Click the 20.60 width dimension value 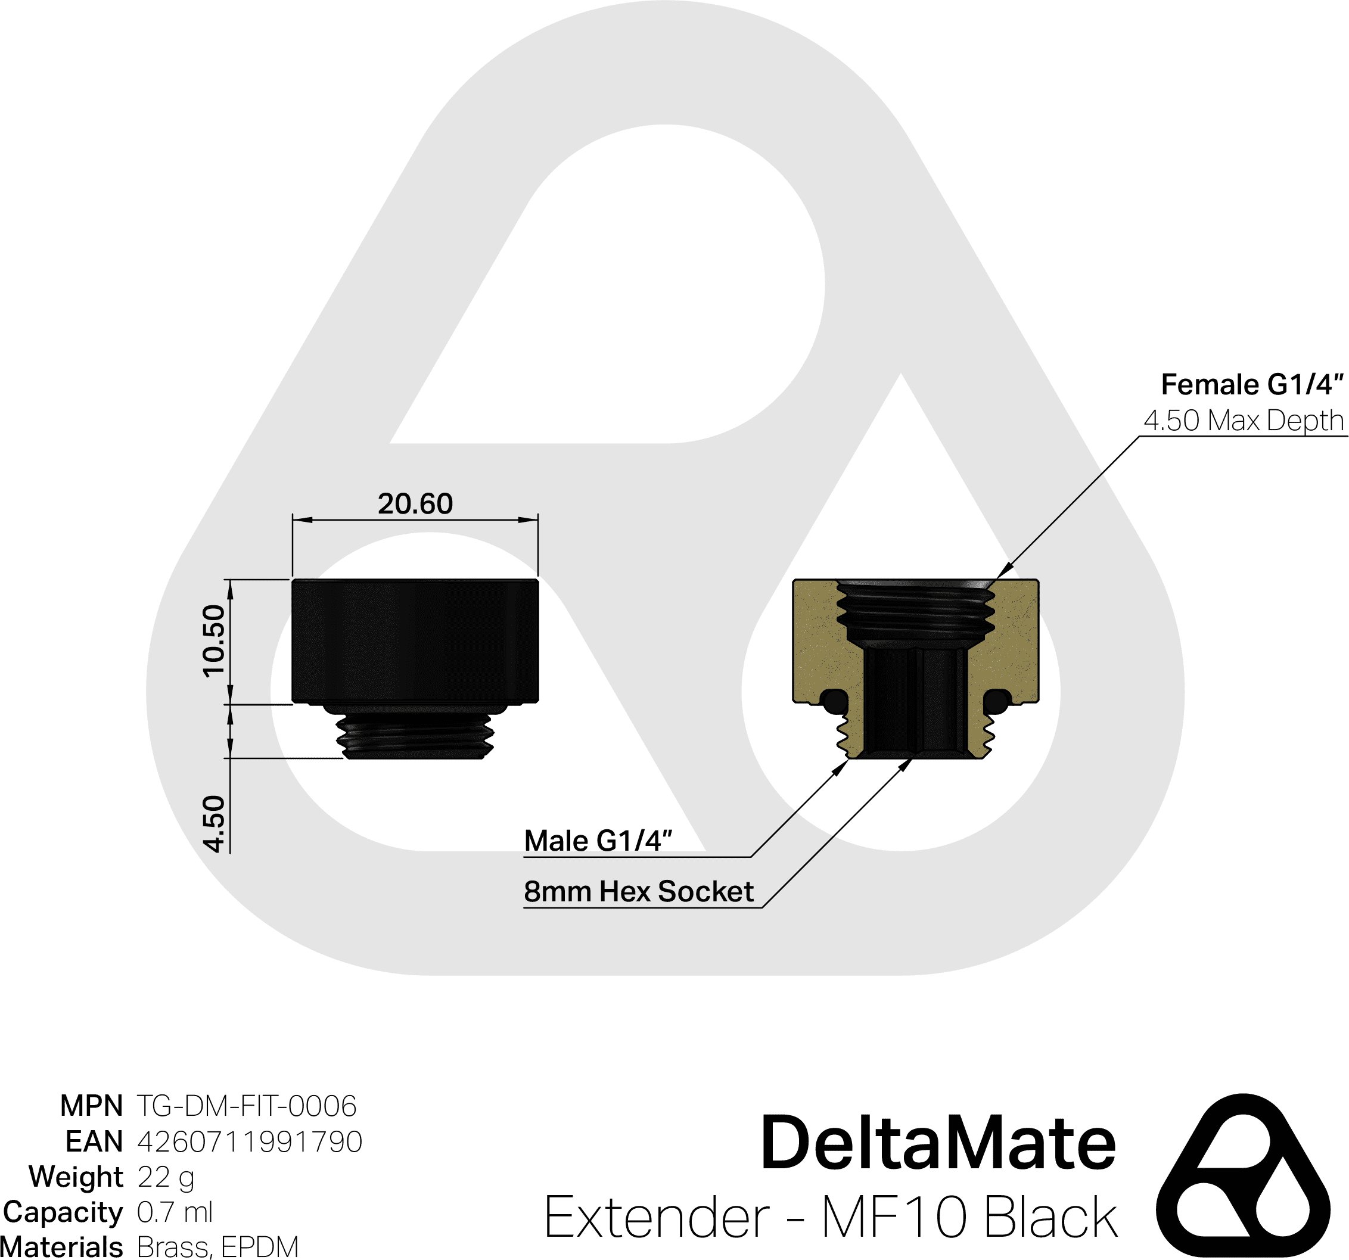click(415, 504)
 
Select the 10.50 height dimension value click(214, 640)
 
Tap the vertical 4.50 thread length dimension click(214, 823)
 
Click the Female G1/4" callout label click(1251, 385)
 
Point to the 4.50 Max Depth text click(1243, 421)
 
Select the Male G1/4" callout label click(598, 841)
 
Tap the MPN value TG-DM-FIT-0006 click(246, 1106)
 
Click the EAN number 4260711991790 click(250, 1141)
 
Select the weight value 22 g click(166, 1177)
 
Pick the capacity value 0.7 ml click(175, 1212)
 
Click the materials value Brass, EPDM click(217, 1247)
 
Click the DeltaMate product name click(938, 1144)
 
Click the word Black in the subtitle click(1050, 1217)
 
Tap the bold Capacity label click(63, 1212)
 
